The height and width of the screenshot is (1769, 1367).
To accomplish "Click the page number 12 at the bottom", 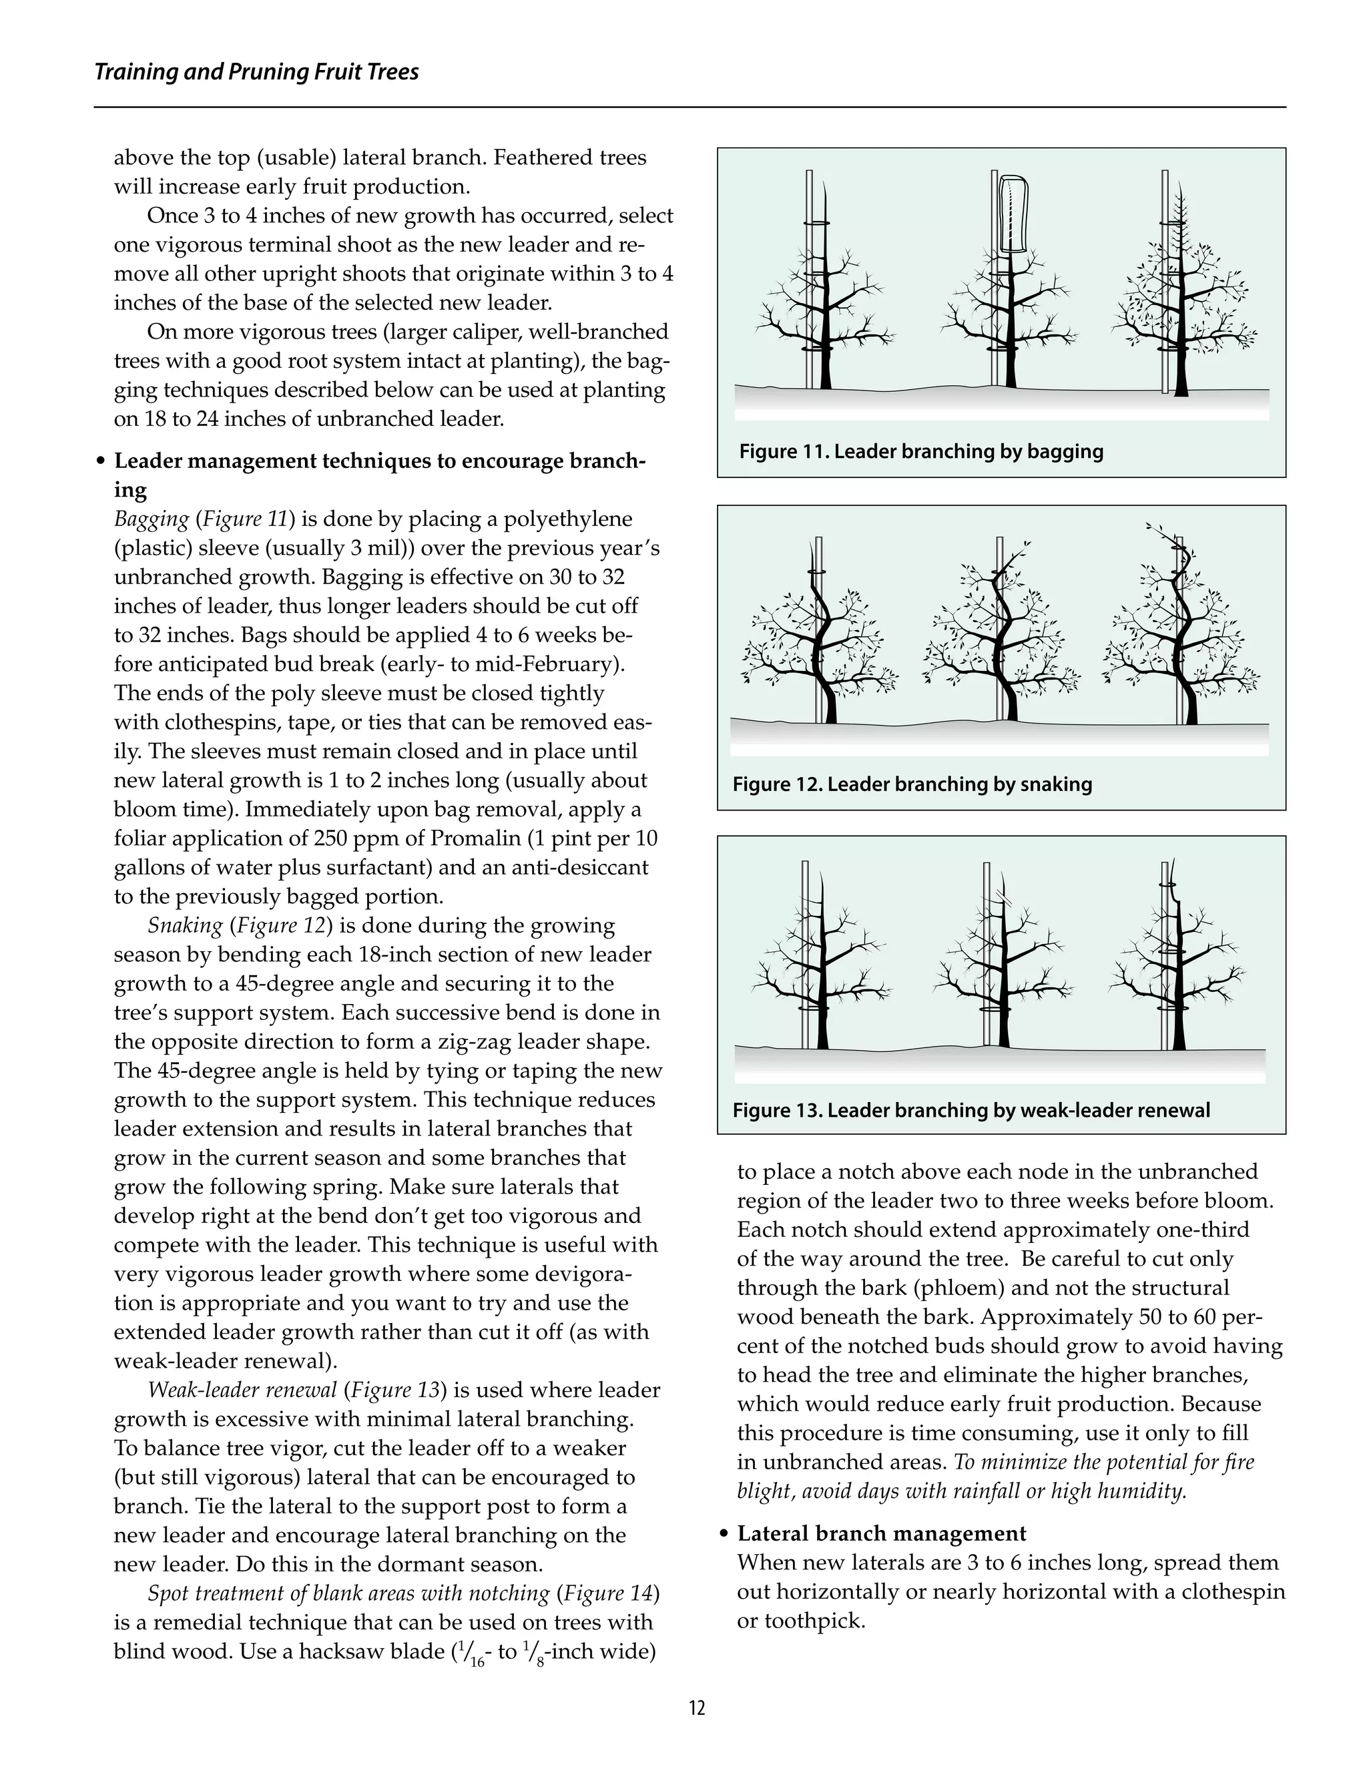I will point(696,1708).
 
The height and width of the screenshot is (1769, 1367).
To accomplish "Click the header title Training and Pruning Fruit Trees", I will point(257,72).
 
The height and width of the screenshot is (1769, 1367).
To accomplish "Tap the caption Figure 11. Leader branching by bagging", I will point(920,451).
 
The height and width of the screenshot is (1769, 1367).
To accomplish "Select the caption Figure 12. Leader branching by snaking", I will point(912,784).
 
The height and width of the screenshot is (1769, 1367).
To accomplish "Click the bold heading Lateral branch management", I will point(882,1533).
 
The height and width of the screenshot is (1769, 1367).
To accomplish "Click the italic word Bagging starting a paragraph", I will point(152,519).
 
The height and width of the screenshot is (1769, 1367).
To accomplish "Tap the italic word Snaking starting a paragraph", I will point(185,926).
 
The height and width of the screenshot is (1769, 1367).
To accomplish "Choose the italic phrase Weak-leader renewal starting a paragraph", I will point(242,1391).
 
